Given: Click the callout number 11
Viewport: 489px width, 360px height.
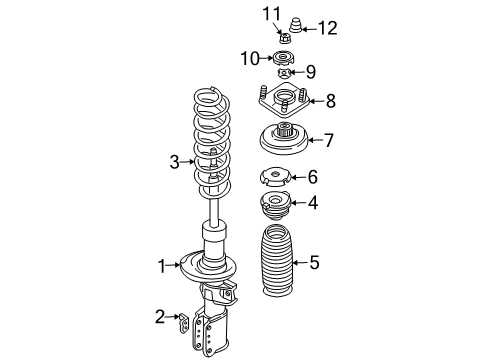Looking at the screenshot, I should pyautogui.click(x=266, y=13).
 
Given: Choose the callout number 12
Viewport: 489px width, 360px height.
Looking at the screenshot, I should pyautogui.click(x=327, y=28).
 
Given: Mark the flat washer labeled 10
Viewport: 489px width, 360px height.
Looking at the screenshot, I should pyautogui.click(x=284, y=57).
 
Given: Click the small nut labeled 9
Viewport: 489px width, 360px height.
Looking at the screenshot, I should pyautogui.click(x=284, y=72).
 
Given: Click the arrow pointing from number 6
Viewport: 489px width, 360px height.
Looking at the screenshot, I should pyautogui.click(x=295, y=178).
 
